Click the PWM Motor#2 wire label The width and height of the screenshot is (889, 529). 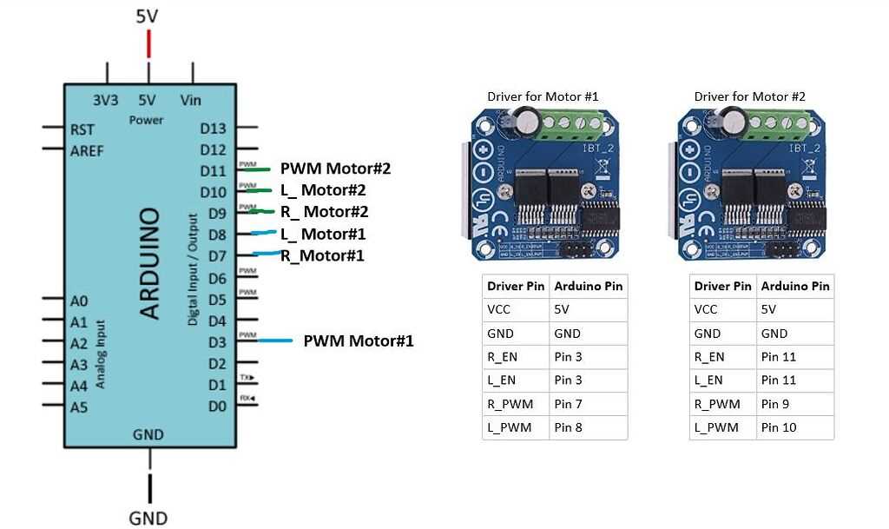(335, 169)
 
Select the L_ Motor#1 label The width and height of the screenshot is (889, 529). (322, 234)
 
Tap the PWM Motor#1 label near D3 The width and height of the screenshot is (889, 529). (358, 341)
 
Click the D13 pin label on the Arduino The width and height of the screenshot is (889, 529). (213, 129)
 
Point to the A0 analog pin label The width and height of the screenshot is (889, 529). (79, 301)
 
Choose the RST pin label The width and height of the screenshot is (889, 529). (82, 129)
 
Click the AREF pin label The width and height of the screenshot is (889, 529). (87, 150)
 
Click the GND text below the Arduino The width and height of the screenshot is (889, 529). (148, 518)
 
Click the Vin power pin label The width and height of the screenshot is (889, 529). (191, 101)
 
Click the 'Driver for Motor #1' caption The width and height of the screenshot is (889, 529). (543, 96)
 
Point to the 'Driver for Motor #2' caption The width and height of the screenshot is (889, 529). (749, 96)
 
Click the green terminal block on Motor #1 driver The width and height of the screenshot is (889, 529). (570, 128)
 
